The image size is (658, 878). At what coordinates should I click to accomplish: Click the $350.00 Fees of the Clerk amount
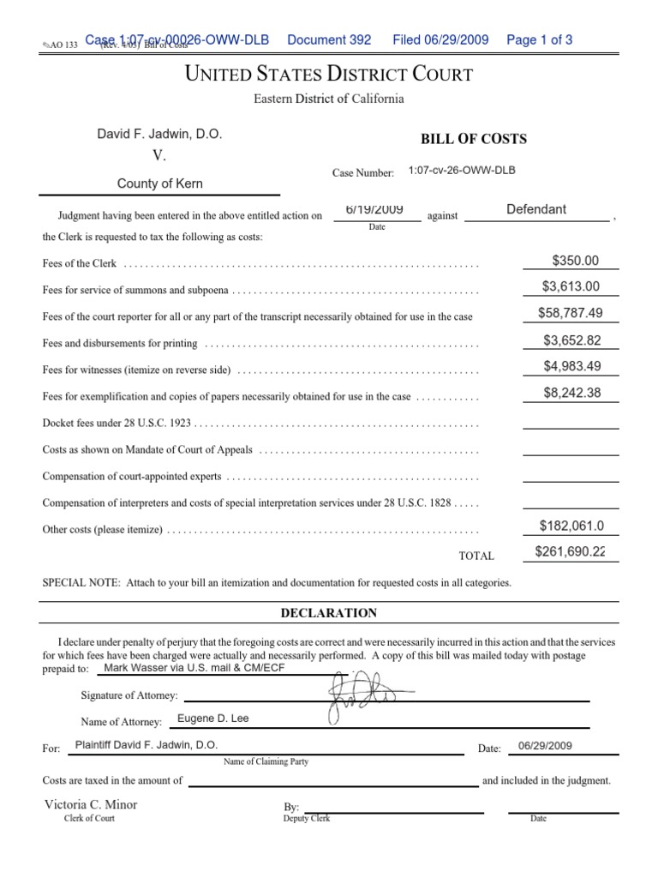point(576,261)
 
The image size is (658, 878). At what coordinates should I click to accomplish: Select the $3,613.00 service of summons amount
point(571,287)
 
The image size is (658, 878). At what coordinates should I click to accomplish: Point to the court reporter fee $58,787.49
point(571,314)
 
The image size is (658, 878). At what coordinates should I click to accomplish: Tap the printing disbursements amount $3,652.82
point(571,340)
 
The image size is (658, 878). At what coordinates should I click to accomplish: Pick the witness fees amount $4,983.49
point(571,367)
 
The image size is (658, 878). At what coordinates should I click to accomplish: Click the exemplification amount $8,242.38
point(571,394)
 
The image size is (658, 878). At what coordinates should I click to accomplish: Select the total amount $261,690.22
point(570,552)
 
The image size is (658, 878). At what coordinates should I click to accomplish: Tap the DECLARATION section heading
point(329,612)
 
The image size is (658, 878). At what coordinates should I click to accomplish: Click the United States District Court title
point(329,75)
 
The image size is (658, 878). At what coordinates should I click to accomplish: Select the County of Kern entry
point(160,183)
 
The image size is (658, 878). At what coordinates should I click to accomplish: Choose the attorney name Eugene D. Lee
point(212,719)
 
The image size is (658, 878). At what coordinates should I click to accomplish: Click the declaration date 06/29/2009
point(540,746)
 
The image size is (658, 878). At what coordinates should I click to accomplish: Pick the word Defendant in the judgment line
point(536,209)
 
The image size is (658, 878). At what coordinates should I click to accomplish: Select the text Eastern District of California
point(329,99)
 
